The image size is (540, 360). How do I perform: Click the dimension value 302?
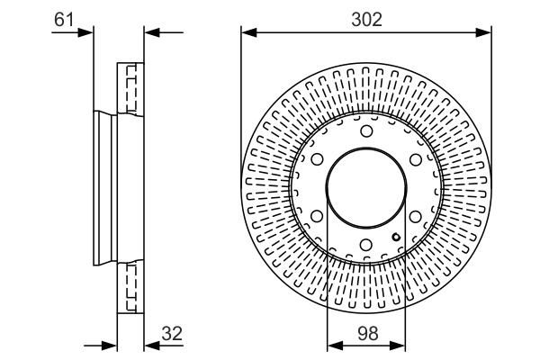click(365, 19)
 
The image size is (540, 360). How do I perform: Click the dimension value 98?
click(365, 332)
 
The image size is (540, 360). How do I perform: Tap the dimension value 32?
click(171, 332)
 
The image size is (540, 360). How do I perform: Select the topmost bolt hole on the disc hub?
click(366, 132)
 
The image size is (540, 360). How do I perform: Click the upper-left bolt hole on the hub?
click(317, 160)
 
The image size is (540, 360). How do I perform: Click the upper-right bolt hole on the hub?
click(415, 160)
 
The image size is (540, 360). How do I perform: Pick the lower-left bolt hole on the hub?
click(317, 217)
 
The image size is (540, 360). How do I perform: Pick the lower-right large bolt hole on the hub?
click(415, 217)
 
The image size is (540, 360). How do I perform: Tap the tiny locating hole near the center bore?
click(395, 237)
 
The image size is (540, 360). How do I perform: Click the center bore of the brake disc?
click(366, 188)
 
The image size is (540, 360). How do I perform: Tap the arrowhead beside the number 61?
click(87, 33)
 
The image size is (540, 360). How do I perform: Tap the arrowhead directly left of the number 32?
click(150, 345)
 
